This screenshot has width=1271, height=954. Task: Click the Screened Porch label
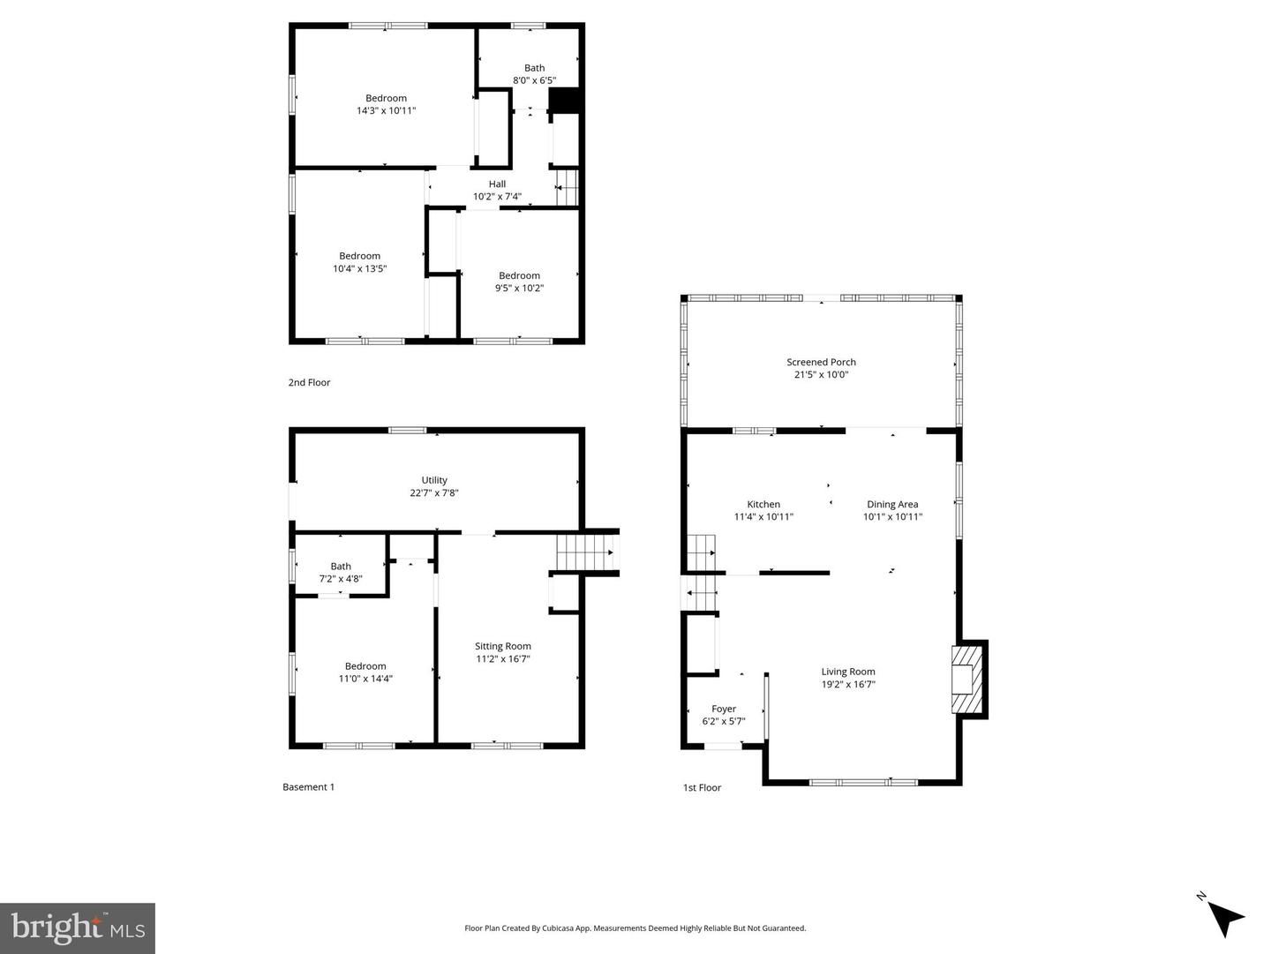point(821,362)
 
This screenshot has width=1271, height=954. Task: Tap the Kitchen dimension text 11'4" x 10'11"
point(763,517)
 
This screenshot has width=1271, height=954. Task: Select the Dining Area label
point(892,505)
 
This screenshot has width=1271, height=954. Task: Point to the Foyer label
point(724,709)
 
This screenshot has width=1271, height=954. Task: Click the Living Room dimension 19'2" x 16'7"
point(847,684)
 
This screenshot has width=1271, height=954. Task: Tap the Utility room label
point(434,480)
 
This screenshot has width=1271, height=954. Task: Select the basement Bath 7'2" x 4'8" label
point(341,573)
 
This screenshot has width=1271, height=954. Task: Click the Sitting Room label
point(503,646)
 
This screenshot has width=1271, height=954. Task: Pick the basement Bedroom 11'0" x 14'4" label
point(365,672)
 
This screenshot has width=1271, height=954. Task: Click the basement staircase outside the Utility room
point(586,552)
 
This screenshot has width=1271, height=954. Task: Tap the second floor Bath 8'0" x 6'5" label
point(534,74)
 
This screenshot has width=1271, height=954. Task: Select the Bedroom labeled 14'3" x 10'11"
point(386,104)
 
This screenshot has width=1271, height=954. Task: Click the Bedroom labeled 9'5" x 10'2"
point(519,282)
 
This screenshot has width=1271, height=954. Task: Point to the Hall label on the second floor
point(497,184)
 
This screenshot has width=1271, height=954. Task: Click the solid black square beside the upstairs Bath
point(564,101)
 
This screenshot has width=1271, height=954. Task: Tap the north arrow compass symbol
point(1223,917)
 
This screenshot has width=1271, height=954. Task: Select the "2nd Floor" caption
point(309,382)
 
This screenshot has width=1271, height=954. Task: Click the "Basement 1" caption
point(308,787)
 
